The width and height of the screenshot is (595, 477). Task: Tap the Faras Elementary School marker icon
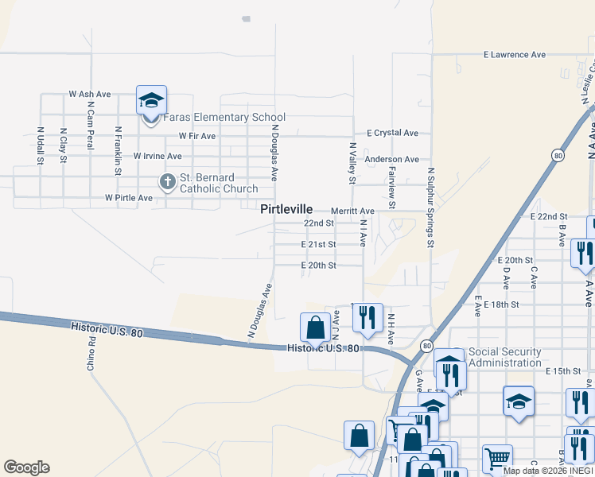coord(151,101)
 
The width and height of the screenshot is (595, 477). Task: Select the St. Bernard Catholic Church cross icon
coord(167,182)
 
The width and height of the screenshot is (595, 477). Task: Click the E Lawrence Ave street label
coord(515,55)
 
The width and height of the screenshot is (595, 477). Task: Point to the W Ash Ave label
coord(87,94)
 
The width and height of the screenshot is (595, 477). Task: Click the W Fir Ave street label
coord(197,136)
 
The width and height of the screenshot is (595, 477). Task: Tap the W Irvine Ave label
coord(157,157)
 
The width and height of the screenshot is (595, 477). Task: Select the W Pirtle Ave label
coord(128,197)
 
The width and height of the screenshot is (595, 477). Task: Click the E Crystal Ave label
coord(392,134)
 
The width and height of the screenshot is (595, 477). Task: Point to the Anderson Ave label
coord(391,160)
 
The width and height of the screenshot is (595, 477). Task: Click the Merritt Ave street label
coord(352,211)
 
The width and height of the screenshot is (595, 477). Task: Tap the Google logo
coord(26,467)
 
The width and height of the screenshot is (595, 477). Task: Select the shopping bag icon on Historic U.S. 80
coord(316,327)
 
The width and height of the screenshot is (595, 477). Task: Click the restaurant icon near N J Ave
coord(367,316)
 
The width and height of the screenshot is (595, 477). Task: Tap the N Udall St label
coord(40,145)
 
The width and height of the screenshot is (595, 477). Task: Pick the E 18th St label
coord(500,304)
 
